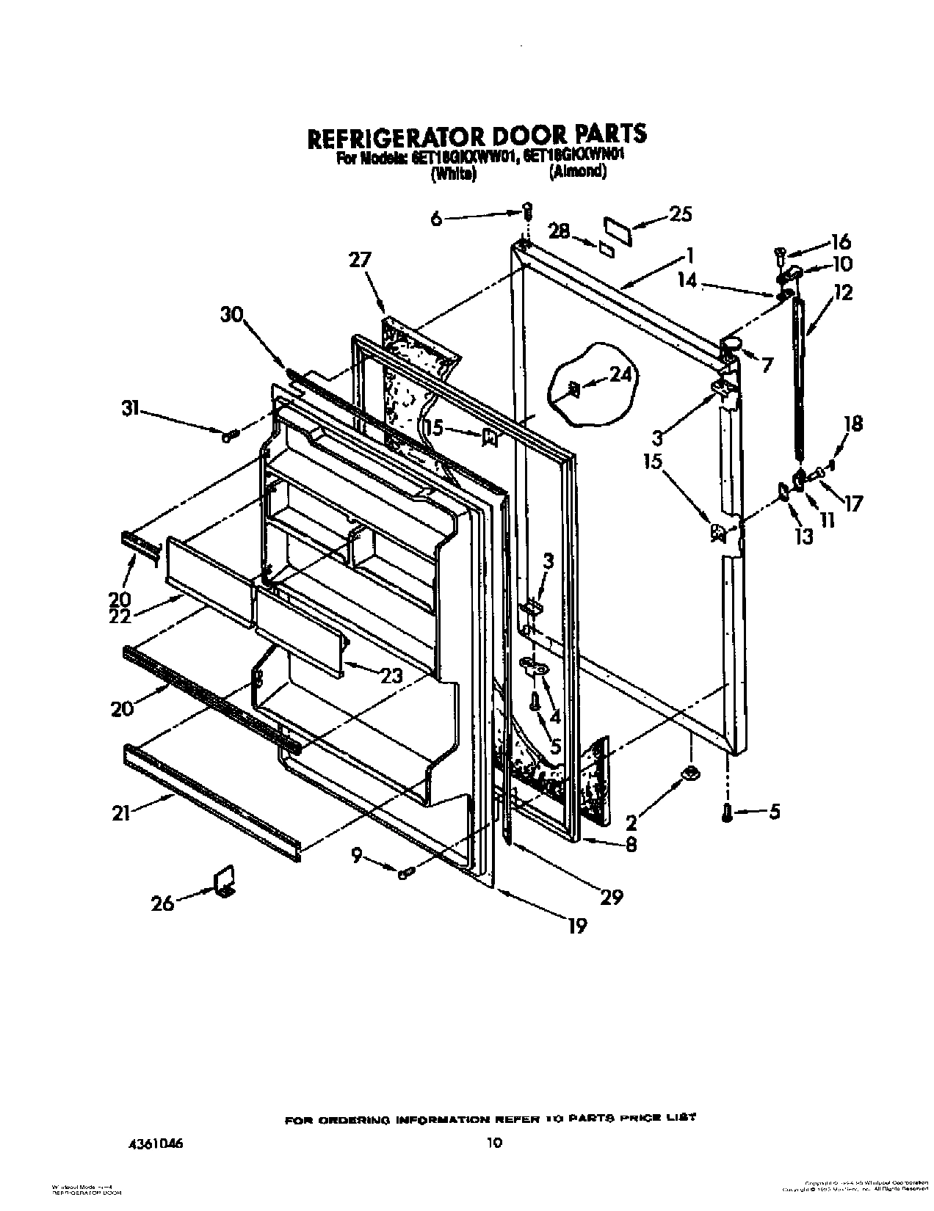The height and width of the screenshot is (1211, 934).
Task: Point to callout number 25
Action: tap(681, 214)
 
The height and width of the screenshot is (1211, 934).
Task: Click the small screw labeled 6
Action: tap(527, 211)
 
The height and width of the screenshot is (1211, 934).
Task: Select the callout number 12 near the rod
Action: tap(843, 293)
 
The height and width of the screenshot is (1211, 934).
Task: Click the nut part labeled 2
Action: tap(690, 772)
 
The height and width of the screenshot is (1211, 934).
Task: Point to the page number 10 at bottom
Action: tap(495, 1142)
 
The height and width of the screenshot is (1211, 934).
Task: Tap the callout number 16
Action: tap(840, 241)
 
